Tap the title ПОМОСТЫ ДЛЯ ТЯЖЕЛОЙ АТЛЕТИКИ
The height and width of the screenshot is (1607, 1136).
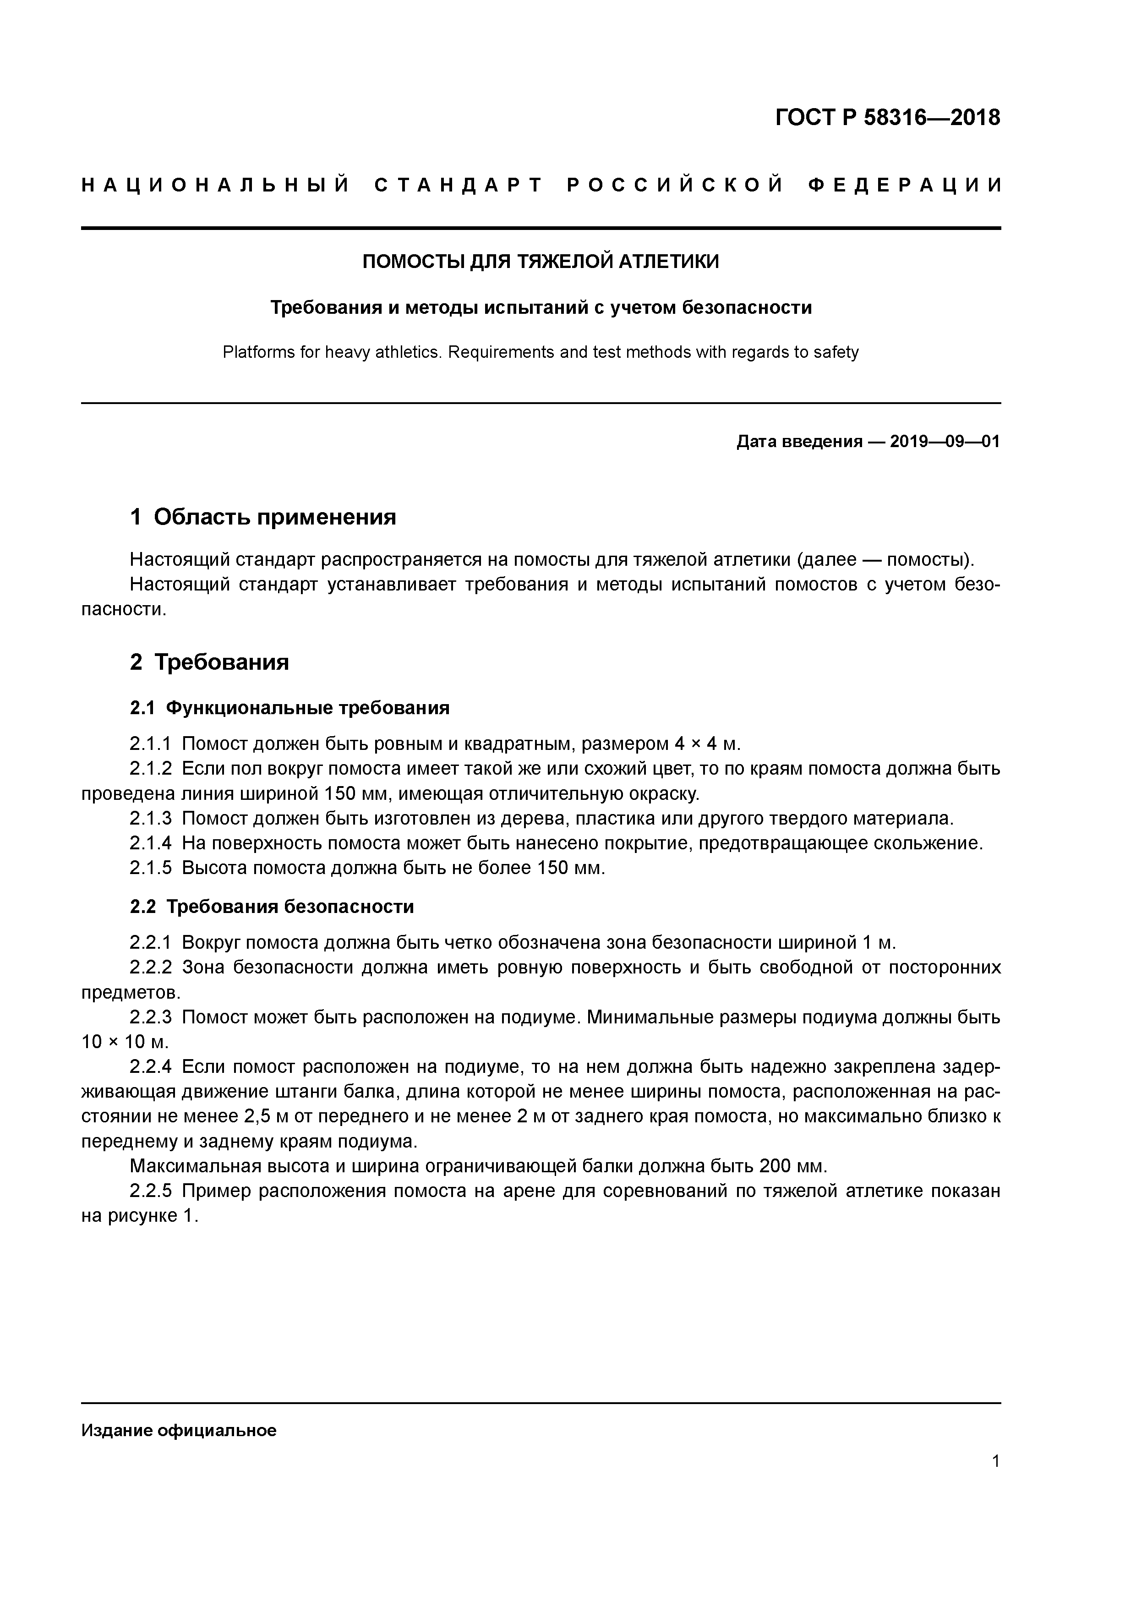coord(540,262)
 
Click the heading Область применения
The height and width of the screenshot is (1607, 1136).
coord(274,517)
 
